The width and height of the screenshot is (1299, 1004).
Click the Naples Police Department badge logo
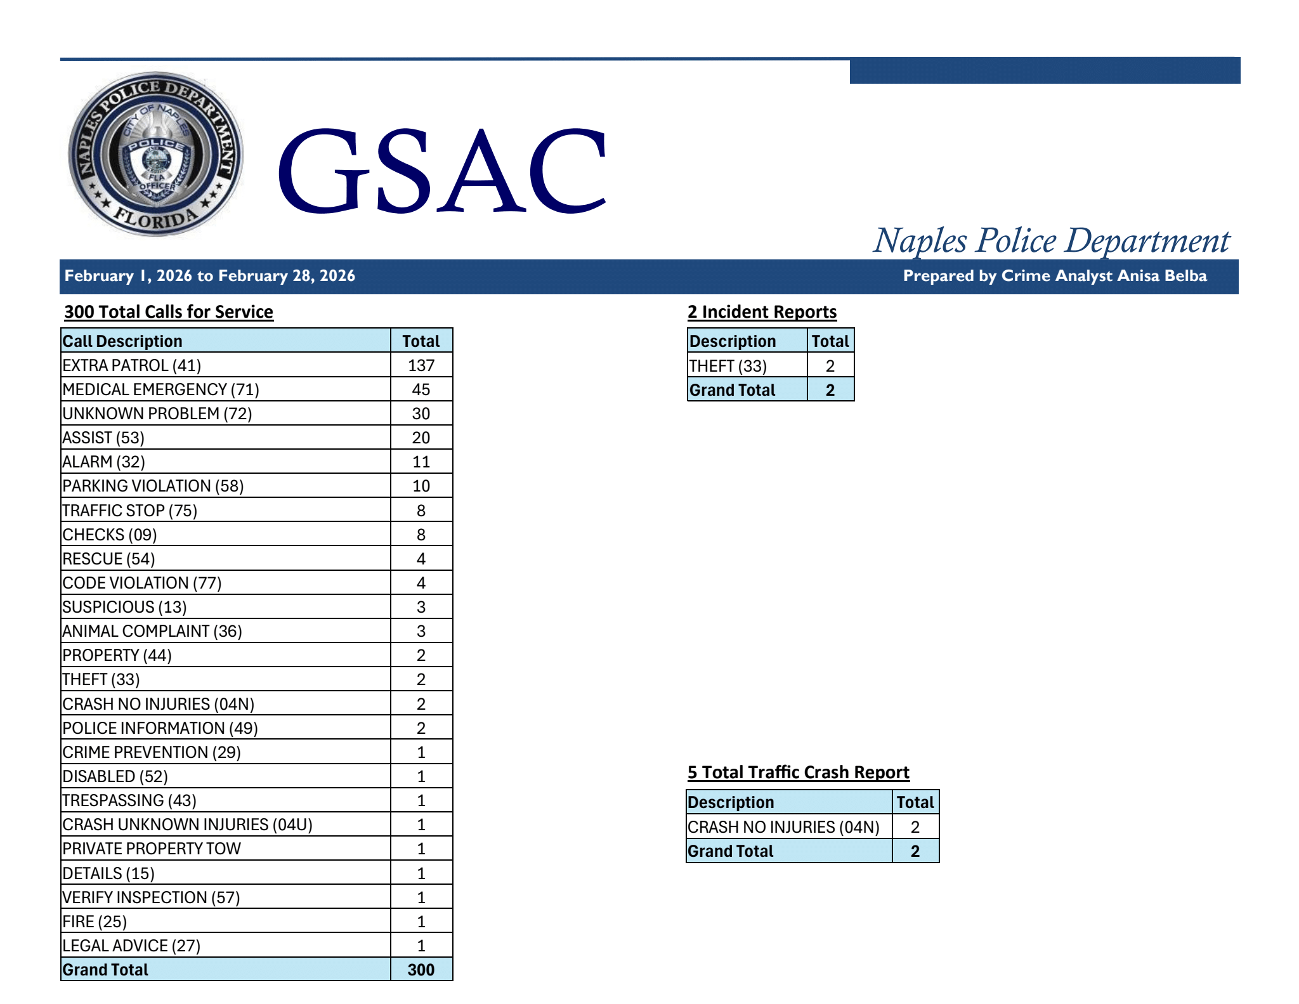(x=155, y=154)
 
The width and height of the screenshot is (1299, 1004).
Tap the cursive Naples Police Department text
(x=1051, y=241)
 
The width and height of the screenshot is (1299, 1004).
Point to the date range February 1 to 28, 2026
(x=210, y=276)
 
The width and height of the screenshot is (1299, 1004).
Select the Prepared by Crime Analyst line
(x=1054, y=276)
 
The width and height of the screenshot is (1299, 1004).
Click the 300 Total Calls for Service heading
(x=169, y=312)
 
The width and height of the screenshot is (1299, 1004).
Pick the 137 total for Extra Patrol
(x=421, y=365)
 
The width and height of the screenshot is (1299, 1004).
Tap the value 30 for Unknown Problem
(x=421, y=414)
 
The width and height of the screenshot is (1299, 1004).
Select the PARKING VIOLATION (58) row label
(x=153, y=486)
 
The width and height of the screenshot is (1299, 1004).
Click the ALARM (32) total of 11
(x=421, y=462)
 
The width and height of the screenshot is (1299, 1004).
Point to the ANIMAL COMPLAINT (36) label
(x=152, y=631)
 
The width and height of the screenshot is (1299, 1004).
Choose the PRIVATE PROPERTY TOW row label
(x=152, y=849)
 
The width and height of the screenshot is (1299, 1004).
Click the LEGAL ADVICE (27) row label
(x=131, y=946)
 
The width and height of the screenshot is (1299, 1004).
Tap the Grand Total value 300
(x=421, y=970)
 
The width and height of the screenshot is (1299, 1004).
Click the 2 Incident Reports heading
(x=762, y=312)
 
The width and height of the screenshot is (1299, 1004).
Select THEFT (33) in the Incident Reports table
(x=728, y=366)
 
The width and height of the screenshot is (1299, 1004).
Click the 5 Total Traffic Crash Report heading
(x=798, y=773)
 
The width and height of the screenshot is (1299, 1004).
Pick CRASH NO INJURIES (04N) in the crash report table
(x=783, y=827)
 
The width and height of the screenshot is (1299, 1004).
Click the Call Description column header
(x=122, y=341)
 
